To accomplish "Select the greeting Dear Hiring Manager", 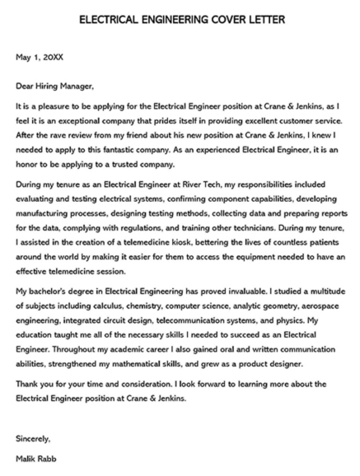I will pyautogui.click(x=55, y=85).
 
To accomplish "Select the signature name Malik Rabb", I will pyautogui.click(x=38, y=458).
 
